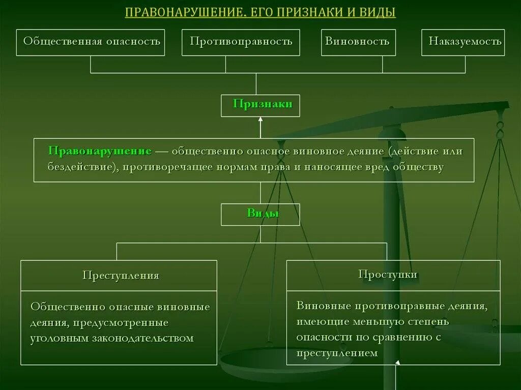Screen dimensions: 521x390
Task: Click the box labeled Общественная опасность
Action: pyautogui.click(x=92, y=42)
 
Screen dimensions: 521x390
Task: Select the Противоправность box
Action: pyautogui.click(x=241, y=42)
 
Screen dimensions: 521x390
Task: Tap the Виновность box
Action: pyautogui.click(x=357, y=42)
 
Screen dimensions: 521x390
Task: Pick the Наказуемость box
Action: pyautogui.click(x=465, y=42)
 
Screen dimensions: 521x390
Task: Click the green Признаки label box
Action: pyautogui.click(x=260, y=105)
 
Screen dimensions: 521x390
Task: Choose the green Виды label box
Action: pyautogui.click(x=260, y=214)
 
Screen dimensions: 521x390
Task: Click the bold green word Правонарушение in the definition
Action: pyautogui.click(x=100, y=152)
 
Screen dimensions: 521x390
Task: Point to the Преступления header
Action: pyautogui.click(x=121, y=276)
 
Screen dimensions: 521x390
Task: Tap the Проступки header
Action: pyautogui.click(x=388, y=275)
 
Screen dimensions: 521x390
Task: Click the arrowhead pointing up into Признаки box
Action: pyautogui.click(x=260, y=119)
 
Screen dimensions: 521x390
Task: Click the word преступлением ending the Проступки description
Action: pyautogui.click(x=337, y=353)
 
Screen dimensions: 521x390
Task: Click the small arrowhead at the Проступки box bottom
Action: pyautogui.click(x=398, y=363)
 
